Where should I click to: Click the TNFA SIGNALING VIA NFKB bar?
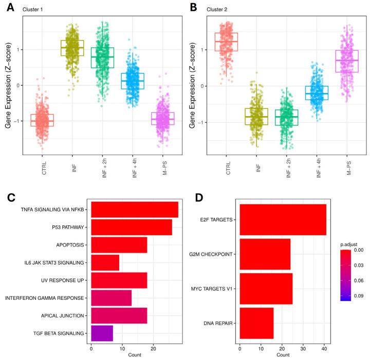pyautogui.click(x=135, y=210)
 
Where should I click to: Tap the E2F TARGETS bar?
pyautogui.click(x=283, y=219)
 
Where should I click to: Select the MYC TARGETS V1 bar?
pyautogui.click(x=266, y=289)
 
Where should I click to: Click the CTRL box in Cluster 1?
pyautogui.click(x=42, y=120)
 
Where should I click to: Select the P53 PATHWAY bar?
pyautogui.click(x=132, y=227)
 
